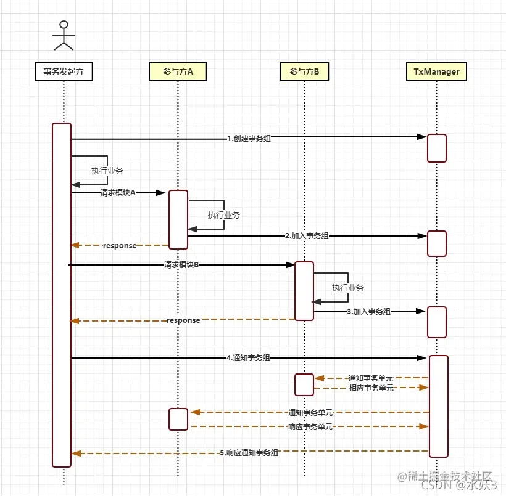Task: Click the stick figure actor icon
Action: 63,35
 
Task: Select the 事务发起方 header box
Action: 64,72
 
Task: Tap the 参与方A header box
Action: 178,72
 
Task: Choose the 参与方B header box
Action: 304,72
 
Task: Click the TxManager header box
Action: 436,72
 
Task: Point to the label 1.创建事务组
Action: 249,139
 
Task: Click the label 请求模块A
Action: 118,193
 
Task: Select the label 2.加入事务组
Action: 307,235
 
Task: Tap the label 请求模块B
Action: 181,265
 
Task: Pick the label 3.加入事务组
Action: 368,312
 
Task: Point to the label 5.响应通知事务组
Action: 249,453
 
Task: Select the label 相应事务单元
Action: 371,388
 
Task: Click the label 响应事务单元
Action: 310,426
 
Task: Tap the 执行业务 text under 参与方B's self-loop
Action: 347,288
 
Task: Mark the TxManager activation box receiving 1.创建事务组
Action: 437,148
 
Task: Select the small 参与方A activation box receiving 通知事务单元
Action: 178,419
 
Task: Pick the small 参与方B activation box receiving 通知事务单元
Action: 304,384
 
